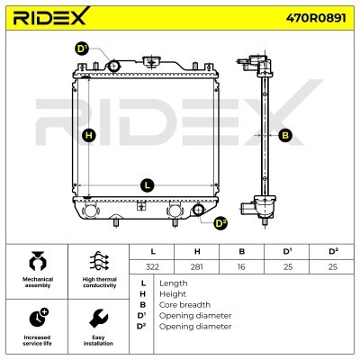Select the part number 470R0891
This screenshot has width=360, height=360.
tap(316, 18)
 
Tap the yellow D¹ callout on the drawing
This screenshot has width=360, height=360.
tap(82, 49)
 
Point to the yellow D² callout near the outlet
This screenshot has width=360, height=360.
tap(221, 223)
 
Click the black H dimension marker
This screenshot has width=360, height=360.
tap(89, 135)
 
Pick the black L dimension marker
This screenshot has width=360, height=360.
tap(148, 185)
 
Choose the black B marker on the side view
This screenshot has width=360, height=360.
tap(285, 135)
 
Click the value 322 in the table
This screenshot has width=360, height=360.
tap(152, 266)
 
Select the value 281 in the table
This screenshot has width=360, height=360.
tap(197, 266)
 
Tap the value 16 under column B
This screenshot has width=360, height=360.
tap(241, 266)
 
